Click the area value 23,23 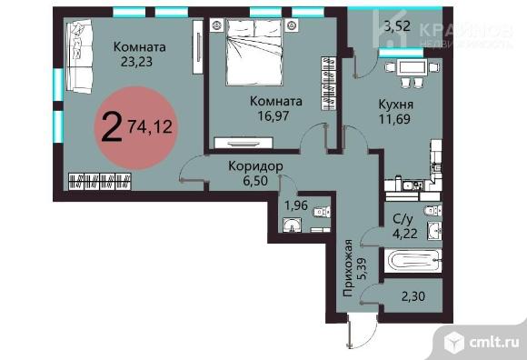pyautogui.click(x=136, y=62)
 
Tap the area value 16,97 pyautogui.click(x=273, y=116)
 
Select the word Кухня pyautogui.click(x=396, y=105)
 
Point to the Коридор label pyautogui.click(x=255, y=166)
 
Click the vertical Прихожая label pyautogui.click(x=348, y=268)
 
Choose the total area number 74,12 pyautogui.click(x=150, y=127)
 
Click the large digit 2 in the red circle pyautogui.click(x=111, y=128)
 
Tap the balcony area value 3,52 pyautogui.click(x=398, y=25)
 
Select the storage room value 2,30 pyautogui.click(x=413, y=296)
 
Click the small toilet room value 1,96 pyautogui.click(x=296, y=205)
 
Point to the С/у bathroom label pyautogui.click(x=403, y=219)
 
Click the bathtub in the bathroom pyautogui.click(x=413, y=261)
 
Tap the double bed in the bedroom pyautogui.click(x=254, y=52)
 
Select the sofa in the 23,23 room pyautogui.click(x=79, y=56)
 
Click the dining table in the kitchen pyautogui.click(x=412, y=67)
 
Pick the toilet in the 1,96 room pyautogui.click(x=322, y=212)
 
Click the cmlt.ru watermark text pyautogui.click(x=494, y=342)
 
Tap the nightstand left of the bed pyautogui.click(x=216, y=25)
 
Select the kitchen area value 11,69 pyautogui.click(x=394, y=119)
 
